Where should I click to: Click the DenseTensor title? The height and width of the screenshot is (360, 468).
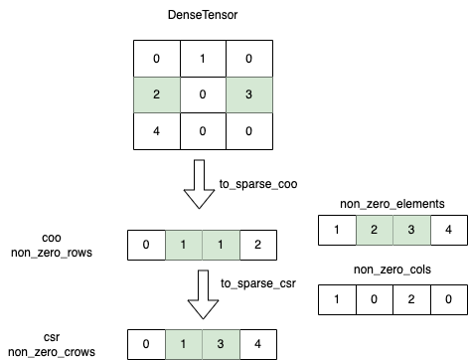pos(202,17)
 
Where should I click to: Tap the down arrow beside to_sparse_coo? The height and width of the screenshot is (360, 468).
pos(202,187)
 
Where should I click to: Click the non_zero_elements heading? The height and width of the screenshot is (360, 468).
pos(390,204)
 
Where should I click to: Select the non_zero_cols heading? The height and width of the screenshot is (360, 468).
pos(390,270)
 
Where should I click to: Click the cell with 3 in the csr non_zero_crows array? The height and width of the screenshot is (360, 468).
pos(220,344)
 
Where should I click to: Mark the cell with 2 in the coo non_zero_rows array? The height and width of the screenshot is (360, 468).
pos(256,244)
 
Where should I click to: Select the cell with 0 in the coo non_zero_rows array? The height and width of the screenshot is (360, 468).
pos(146,244)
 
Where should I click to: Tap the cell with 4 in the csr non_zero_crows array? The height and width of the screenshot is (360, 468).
pos(256,344)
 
